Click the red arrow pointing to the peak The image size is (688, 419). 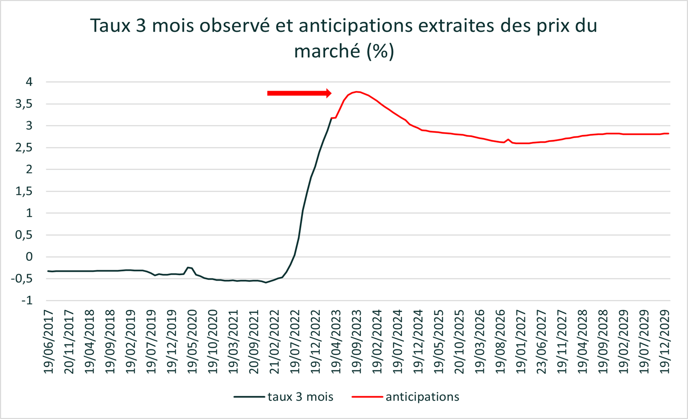pos(299,93)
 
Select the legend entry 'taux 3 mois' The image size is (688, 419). pos(284,397)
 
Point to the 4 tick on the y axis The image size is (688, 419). pos(29,82)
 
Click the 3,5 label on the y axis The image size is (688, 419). pos(24,104)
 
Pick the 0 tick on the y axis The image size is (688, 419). pos(29,257)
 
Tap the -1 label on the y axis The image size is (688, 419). pos(27,300)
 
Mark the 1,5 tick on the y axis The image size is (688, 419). pos(24,191)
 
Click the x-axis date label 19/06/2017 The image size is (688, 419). pos(49,342)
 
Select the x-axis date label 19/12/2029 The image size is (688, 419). pos(665,342)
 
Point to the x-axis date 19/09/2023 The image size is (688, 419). pos(357,342)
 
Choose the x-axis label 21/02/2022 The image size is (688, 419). pos(275,342)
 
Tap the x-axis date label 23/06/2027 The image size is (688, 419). pos(542,342)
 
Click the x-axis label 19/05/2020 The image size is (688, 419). pos(192,342)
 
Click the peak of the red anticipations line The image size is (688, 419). pos(357,92)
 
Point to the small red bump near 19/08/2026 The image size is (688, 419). pos(508,139)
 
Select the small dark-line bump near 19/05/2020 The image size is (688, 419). pos(189,267)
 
